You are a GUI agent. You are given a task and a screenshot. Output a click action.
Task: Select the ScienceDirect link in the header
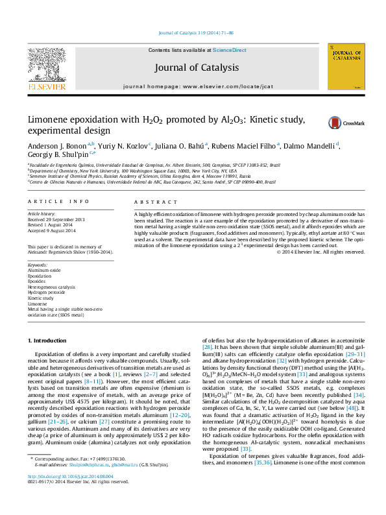(230, 50)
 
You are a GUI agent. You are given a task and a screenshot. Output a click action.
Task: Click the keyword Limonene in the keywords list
(37, 304)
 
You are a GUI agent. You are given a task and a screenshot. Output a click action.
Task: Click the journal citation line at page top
(193, 32)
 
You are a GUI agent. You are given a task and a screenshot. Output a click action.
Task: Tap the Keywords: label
(38, 265)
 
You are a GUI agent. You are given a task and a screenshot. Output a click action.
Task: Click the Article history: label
(42, 213)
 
